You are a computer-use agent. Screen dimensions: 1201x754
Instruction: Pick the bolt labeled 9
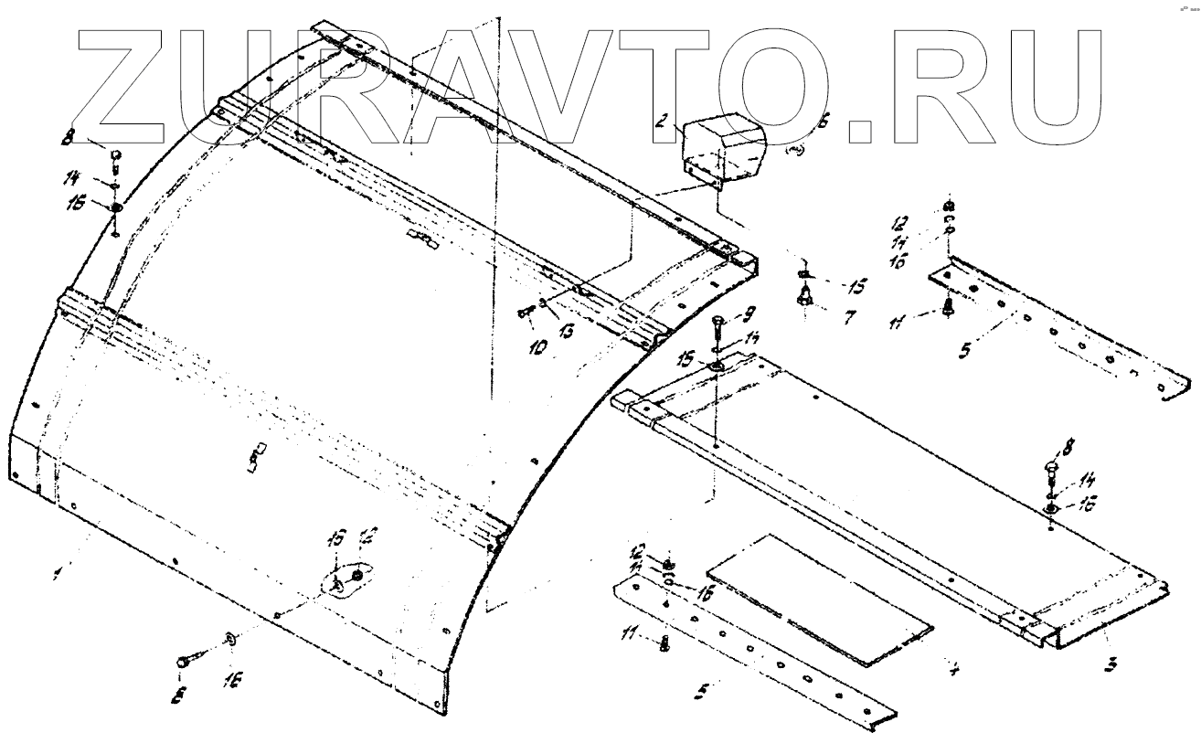click(717, 329)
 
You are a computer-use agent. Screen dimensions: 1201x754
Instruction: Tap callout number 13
click(565, 330)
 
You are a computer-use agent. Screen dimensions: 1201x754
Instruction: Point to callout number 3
click(1111, 664)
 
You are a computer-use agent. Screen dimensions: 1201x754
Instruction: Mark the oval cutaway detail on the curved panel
click(345, 580)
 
